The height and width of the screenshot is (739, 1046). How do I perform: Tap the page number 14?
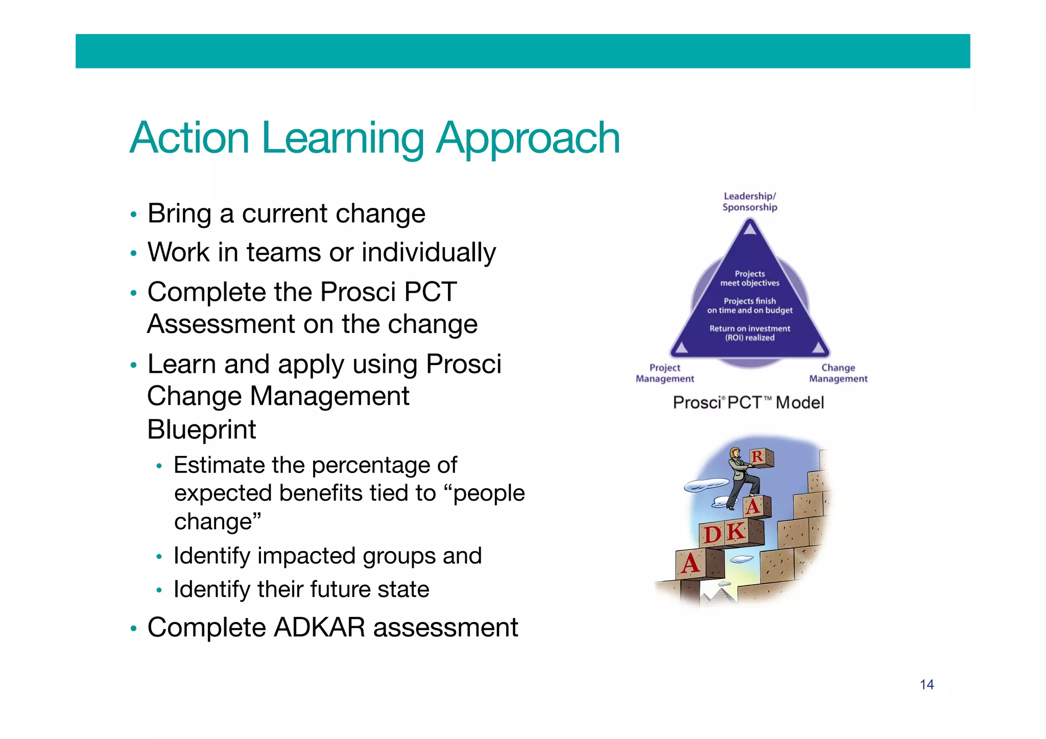click(x=926, y=684)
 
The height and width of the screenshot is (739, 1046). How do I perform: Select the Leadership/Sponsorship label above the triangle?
click(x=749, y=202)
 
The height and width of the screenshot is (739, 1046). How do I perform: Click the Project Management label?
click(x=664, y=373)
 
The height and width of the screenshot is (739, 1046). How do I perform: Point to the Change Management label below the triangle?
click(x=838, y=373)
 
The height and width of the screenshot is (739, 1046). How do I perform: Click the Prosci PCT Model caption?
click(x=748, y=402)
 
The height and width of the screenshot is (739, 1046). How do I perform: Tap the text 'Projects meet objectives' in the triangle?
click(x=749, y=278)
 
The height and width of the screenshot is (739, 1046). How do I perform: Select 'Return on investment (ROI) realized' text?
click(x=749, y=333)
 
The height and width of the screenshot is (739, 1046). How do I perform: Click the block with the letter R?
click(x=759, y=457)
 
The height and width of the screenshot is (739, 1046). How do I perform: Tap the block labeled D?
click(x=712, y=535)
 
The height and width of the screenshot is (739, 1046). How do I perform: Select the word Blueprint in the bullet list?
click(x=201, y=429)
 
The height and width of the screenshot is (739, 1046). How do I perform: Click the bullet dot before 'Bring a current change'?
click(x=133, y=214)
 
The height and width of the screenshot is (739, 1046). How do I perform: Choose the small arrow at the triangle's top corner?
click(x=749, y=228)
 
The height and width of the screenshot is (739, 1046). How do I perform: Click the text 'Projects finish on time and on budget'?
click(x=749, y=305)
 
